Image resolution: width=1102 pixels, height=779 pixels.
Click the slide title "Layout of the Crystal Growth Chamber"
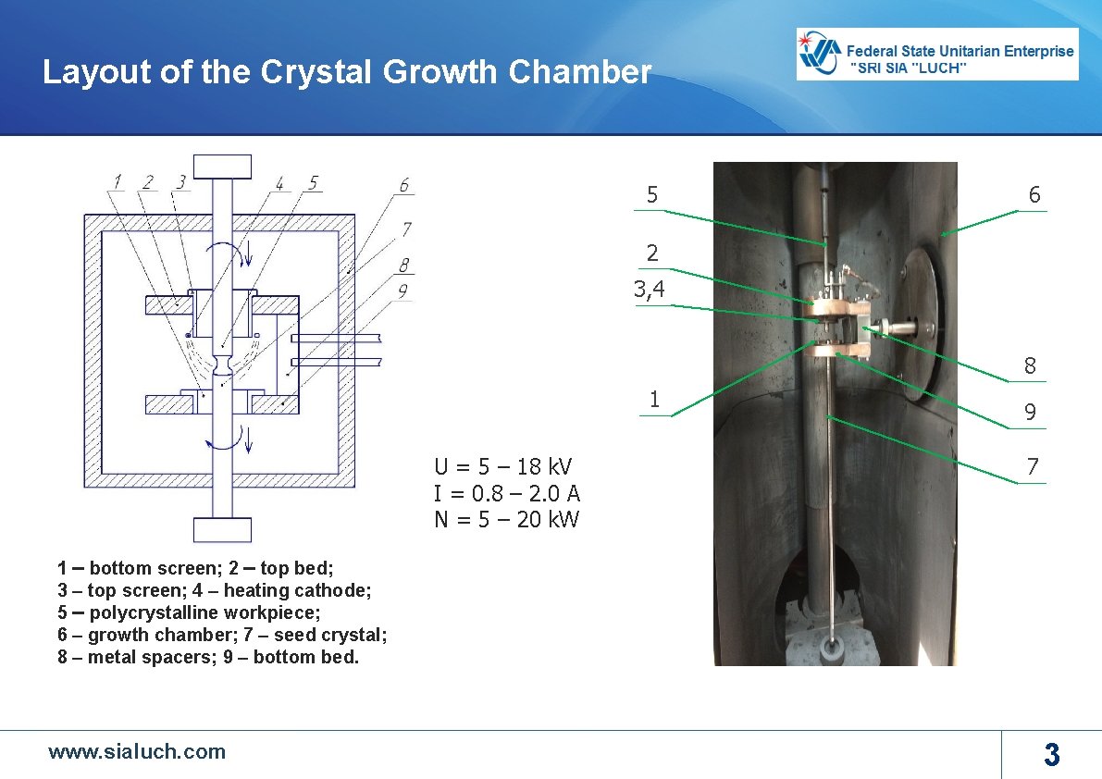click(347, 72)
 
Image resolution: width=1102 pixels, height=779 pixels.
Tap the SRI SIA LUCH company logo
click(937, 54)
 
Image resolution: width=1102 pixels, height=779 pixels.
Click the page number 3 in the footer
click(1051, 755)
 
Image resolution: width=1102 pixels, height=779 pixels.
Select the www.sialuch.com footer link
click(137, 751)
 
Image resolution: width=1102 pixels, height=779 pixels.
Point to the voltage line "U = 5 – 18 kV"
click(503, 465)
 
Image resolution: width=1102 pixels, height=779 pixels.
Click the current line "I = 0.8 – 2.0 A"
click(507, 492)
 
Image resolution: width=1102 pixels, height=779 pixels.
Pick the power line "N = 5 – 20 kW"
click(507, 519)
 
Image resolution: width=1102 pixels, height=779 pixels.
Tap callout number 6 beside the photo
click(1034, 195)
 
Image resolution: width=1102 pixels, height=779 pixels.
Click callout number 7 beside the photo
click(1033, 467)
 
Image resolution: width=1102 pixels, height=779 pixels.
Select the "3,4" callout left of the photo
click(649, 290)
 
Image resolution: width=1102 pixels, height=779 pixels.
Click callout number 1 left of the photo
click(654, 400)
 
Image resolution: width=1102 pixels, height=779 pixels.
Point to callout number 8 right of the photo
click(1030, 366)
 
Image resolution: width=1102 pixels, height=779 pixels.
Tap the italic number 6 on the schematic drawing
click(404, 186)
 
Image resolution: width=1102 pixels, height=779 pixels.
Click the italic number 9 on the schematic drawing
click(403, 291)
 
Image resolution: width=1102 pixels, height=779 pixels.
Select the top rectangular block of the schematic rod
click(222, 166)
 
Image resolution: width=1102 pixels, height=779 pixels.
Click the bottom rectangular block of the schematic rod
click(222, 530)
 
